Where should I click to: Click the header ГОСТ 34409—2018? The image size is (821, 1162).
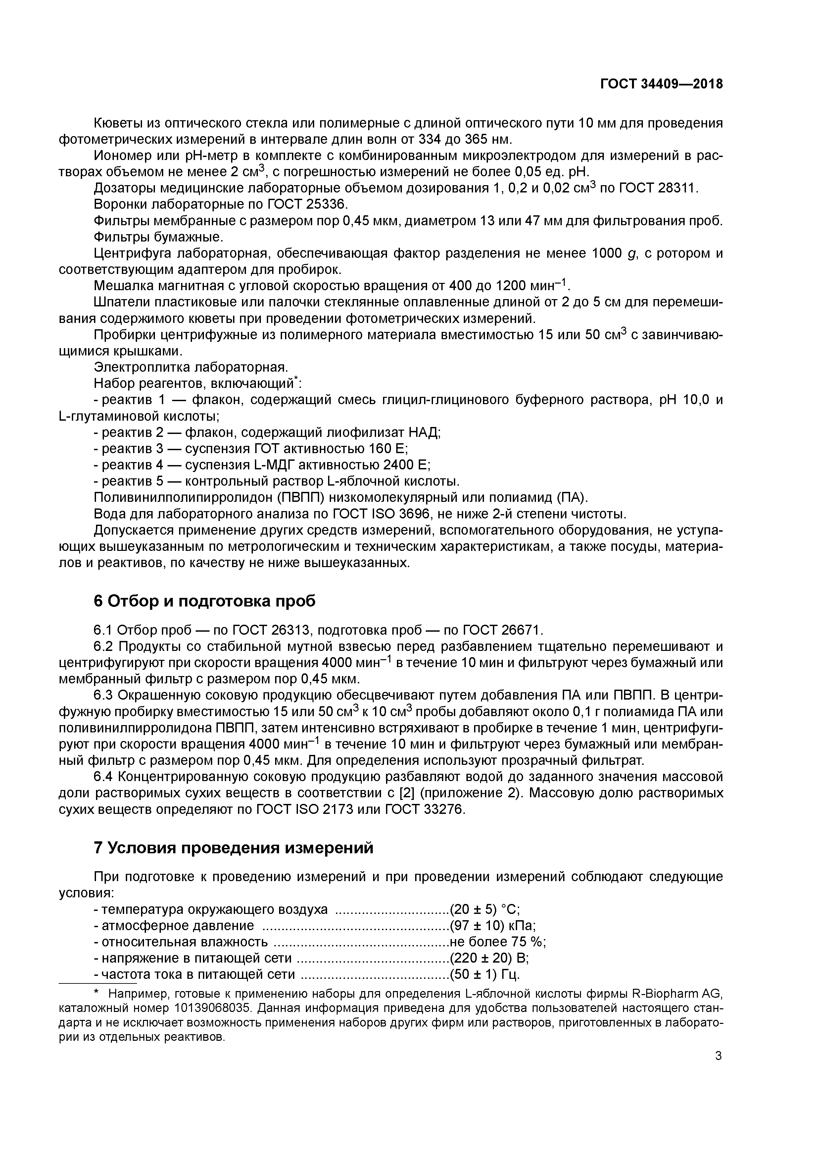[661, 84]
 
